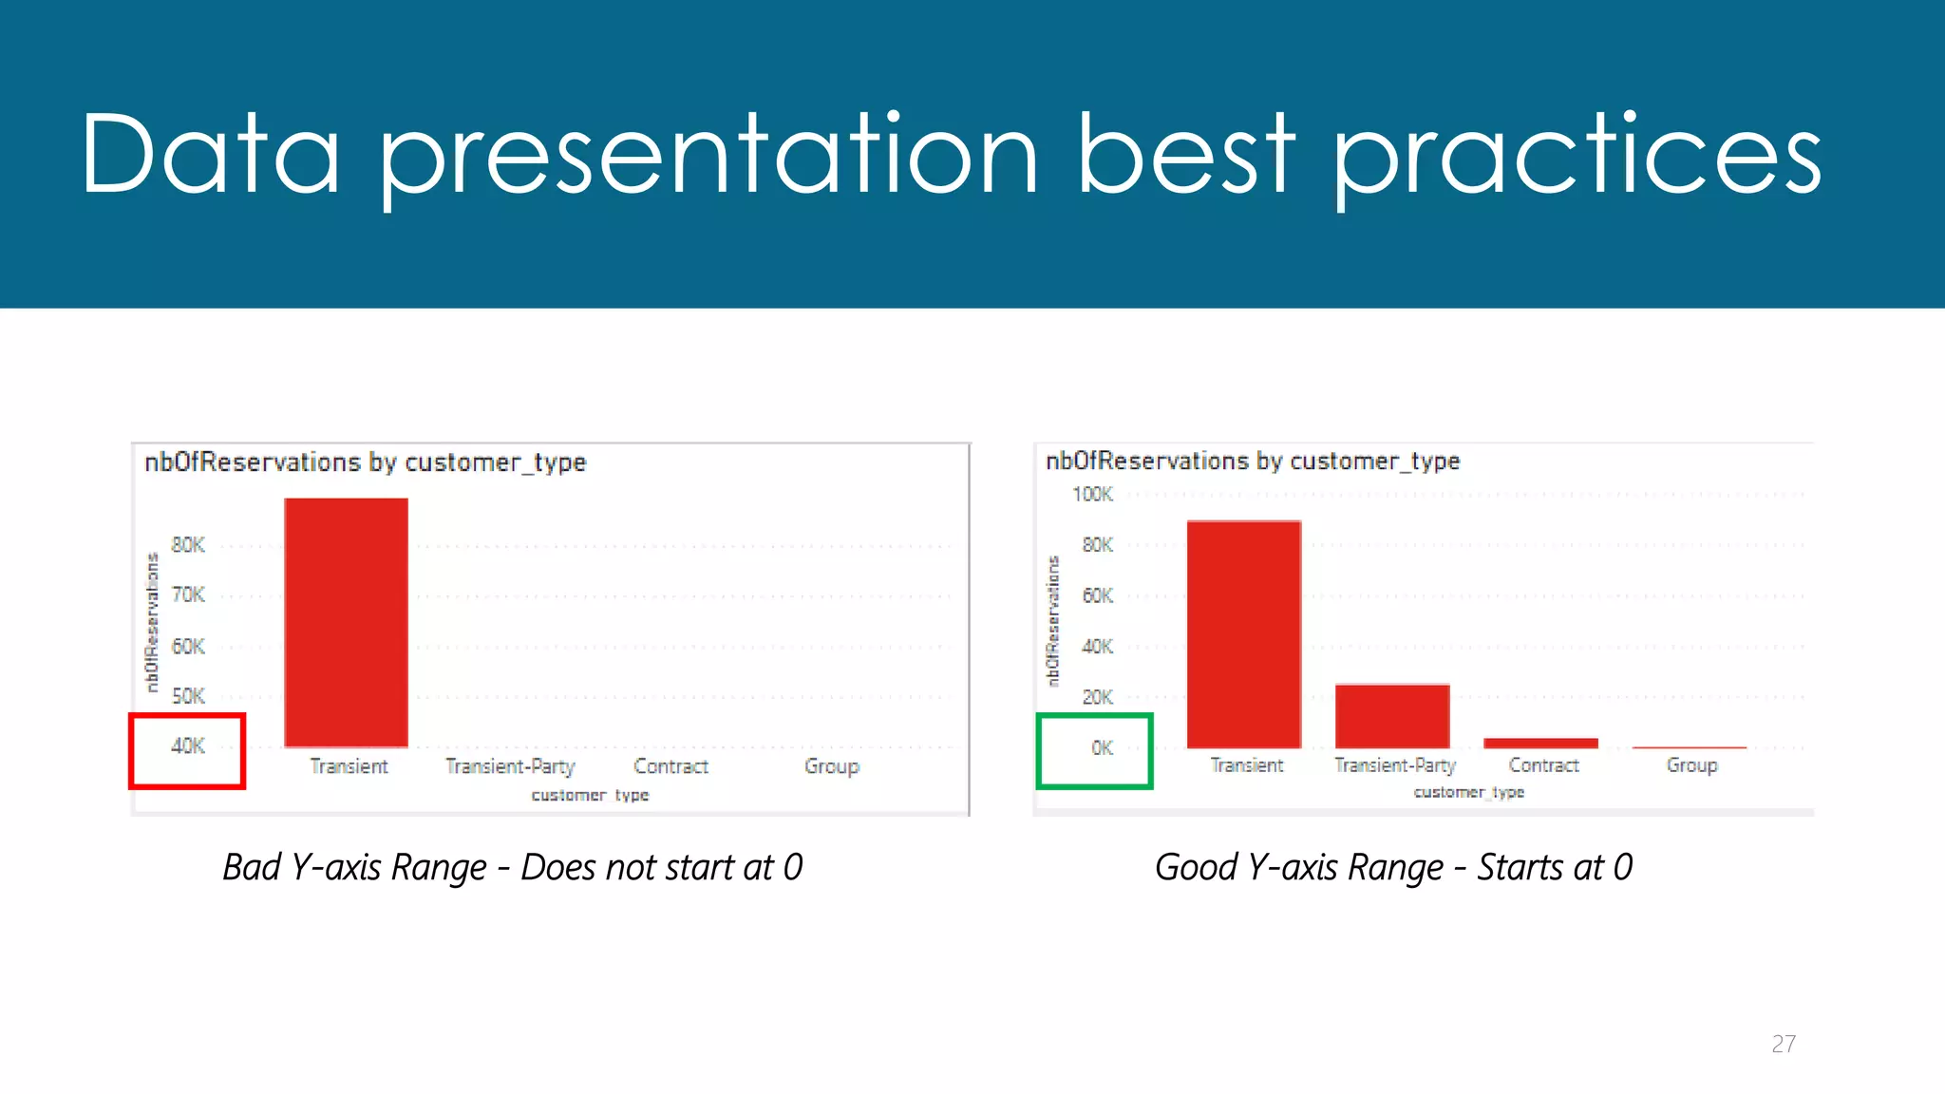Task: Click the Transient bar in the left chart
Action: pos(347,622)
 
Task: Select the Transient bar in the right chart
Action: pos(1244,634)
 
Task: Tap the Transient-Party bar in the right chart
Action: pos(1392,716)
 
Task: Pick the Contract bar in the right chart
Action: pos(1540,743)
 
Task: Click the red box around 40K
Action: pos(187,750)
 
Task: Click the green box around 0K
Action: pos(1094,750)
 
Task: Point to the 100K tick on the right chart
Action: pos(1092,495)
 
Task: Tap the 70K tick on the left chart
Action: pos(188,595)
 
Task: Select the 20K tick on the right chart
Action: pos(1097,698)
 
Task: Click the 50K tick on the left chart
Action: pos(188,696)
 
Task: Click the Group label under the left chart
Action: pos(831,766)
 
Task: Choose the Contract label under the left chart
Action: pos(670,766)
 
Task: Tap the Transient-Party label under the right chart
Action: pos(1394,765)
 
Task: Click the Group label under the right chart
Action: pos(1691,765)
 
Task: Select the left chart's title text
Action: pos(366,462)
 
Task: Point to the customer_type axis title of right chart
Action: pos(1468,792)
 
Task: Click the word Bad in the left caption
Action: pos(251,867)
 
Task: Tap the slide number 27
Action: pos(1783,1044)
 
